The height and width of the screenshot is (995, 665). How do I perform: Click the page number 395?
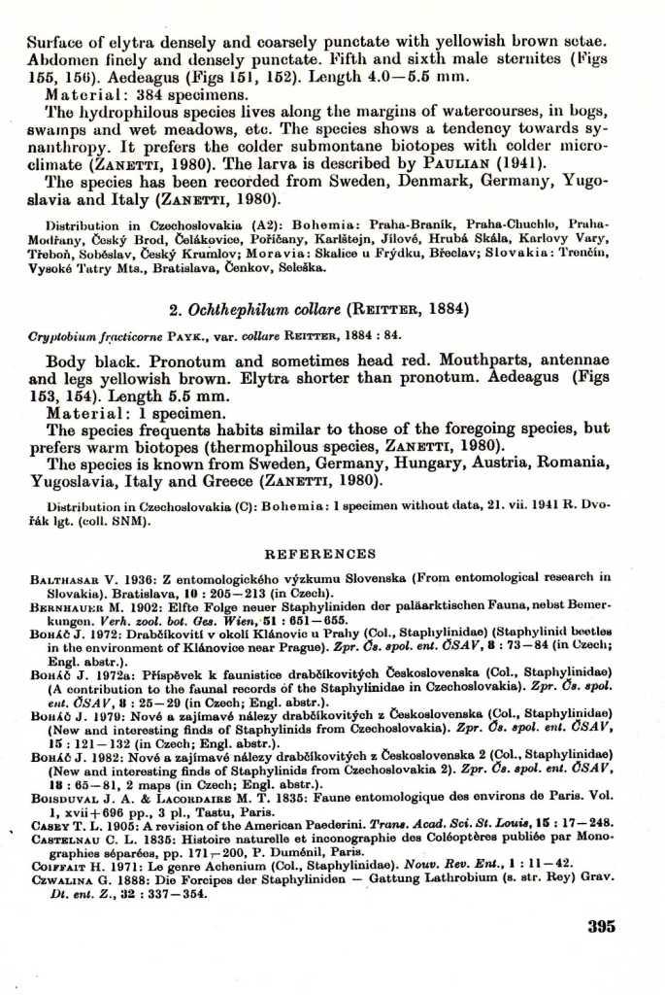[601, 926]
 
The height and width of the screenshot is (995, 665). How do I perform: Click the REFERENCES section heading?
[319, 554]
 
